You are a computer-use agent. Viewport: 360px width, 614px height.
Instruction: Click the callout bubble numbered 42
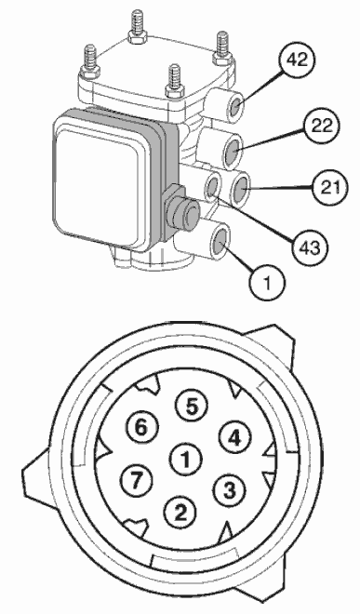coord(297,60)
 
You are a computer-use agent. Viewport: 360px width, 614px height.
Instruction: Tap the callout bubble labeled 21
coord(330,188)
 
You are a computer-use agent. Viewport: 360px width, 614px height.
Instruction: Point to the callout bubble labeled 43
coord(310,247)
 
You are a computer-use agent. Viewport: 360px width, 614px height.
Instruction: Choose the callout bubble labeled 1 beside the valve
coord(267,282)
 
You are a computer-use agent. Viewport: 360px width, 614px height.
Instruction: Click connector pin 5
coord(192,407)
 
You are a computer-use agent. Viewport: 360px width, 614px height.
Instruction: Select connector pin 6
coord(142,427)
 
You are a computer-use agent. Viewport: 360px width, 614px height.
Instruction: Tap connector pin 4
coord(234,438)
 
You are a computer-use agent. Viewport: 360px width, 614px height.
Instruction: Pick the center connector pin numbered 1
coord(185,459)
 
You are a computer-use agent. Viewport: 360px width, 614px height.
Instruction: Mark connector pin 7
coord(137,480)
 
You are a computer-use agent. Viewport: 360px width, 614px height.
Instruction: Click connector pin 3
coord(230,490)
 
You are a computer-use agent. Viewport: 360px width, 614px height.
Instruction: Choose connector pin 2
coord(180,512)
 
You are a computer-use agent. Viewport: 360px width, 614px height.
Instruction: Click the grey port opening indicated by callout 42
coord(236,106)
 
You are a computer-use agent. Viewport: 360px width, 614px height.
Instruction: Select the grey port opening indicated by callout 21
coord(242,189)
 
